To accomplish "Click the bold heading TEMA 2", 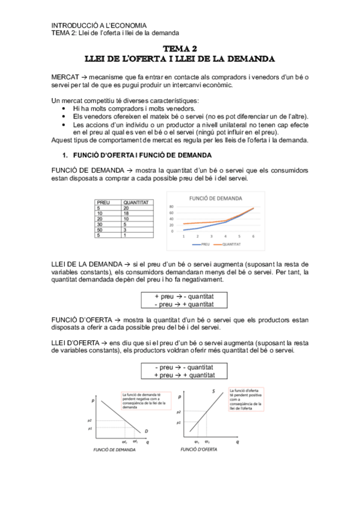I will click(180, 49).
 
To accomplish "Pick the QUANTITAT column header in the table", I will click(135, 203).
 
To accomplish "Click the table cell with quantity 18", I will click(126, 213).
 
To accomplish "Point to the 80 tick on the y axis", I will click(171, 206).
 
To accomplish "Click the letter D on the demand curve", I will click(146, 431).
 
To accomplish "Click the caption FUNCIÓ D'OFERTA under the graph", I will click(199, 449).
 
